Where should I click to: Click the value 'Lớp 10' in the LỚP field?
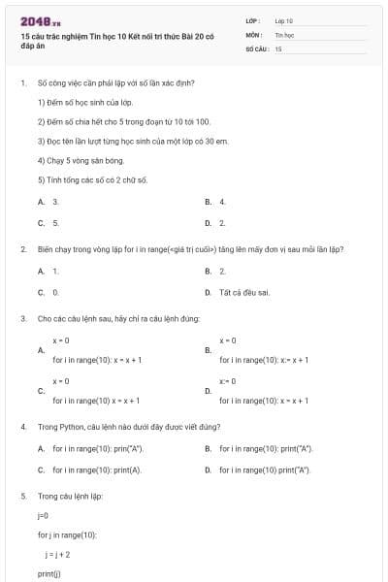[x=284, y=20]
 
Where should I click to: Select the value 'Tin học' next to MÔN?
[x=284, y=34]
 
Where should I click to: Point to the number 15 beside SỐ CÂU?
[x=278, y=48]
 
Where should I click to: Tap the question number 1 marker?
[x=22, y=83]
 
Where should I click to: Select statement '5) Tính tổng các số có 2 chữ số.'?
[x=92, y=179]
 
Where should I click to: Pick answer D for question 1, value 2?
[x=222, y=222]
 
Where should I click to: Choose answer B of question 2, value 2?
[x=222, y=271]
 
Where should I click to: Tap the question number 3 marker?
[x=22, y=318]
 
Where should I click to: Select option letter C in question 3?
[x=41, y=391]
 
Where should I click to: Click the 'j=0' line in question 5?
[x=43, y=515]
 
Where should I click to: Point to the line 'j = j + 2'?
[x=56, y=554]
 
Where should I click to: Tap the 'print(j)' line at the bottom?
[x=48, y=574]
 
